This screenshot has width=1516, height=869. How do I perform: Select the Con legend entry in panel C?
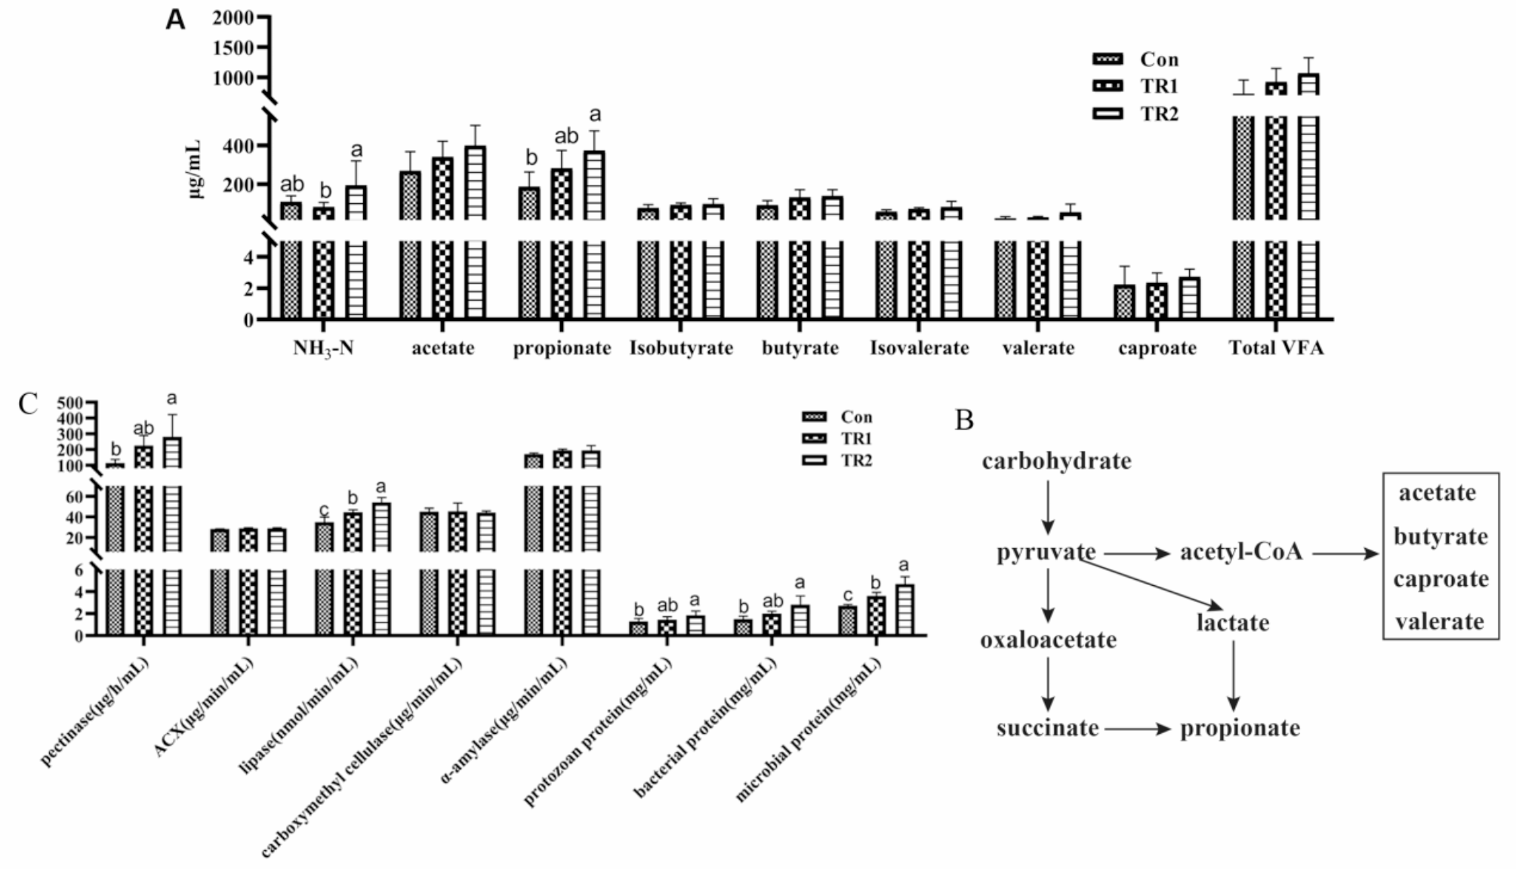click(x=838, y=417)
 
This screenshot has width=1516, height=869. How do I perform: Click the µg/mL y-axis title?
click(x=195, y=168)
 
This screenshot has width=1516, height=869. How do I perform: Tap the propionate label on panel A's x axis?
click(x=562, y=348)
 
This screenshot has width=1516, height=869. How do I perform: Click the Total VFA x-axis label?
click(x=1276, y=348)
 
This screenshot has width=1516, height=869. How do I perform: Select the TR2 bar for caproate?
click(x=1190, y=298)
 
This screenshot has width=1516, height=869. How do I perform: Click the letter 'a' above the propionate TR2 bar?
click(x=595, y=115)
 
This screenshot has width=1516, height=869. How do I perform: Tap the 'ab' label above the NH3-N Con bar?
click(x=292, y=184)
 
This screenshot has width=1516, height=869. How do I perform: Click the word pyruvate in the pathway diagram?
click(x=1046, y=552)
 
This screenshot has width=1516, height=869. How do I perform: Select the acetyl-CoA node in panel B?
click(x=1241, y=552)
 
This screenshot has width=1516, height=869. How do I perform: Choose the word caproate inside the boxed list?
click(x=1441, y=579)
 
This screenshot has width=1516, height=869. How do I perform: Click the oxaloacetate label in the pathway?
click(x=1048, y=640)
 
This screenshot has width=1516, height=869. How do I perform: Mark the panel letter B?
click(x=964, y=420)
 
